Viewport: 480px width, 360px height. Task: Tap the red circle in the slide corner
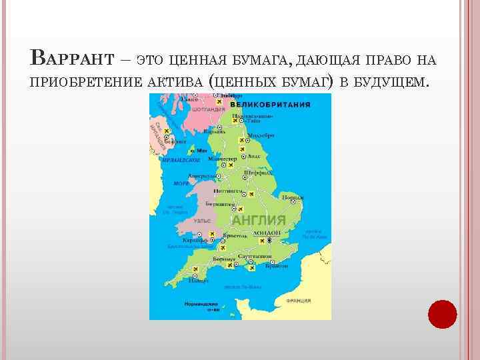point(443,314)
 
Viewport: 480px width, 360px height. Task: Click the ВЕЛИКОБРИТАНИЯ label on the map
point(270,105)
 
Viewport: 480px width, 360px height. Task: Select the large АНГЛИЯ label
point(259,220)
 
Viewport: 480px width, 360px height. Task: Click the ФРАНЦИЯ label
point(299,301)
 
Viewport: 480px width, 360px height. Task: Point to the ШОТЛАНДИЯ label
point(207,109)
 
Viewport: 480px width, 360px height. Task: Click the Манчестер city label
point(223,159)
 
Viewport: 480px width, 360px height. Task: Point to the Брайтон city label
point(272,265)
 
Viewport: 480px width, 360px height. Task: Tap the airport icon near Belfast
point(167,131)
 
